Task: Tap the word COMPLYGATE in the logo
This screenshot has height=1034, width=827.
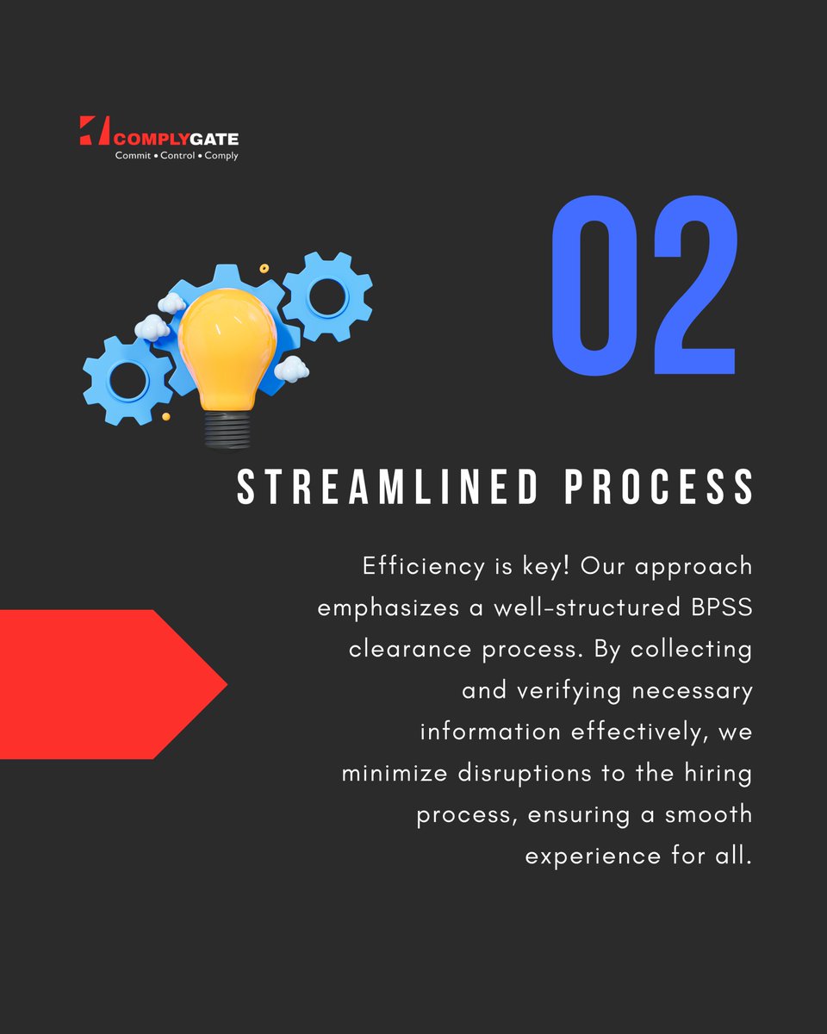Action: (x=177, y=138)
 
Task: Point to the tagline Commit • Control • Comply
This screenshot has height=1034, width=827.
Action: (x=177, y=156)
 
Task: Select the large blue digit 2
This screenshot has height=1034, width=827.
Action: (x=694, y=285)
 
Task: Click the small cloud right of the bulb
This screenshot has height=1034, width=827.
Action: (x=292, y=369)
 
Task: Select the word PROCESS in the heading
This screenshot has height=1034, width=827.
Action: (x=660, y=489)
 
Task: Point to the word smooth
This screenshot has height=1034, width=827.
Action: (x=709, y=814)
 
